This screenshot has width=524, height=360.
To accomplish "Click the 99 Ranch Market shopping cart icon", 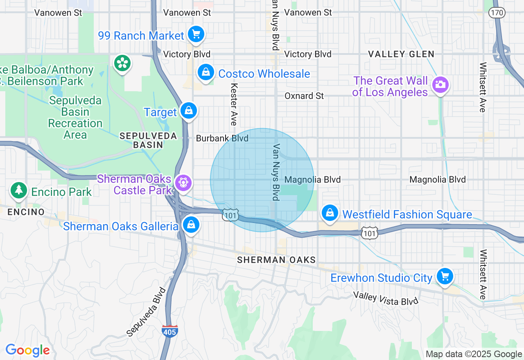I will coord(196,34).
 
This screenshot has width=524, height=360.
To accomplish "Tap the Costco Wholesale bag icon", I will coord(206,73).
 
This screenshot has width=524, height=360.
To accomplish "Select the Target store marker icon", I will coord(189,111).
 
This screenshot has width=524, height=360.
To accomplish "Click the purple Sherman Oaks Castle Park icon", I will coord(183,183).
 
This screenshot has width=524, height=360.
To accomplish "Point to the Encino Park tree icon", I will coord(19,190).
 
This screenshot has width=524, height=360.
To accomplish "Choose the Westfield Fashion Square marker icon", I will coord(330,213).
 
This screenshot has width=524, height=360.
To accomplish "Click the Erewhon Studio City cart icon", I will coord(445,277).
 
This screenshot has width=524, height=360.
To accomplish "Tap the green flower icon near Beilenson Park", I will coord(122,63).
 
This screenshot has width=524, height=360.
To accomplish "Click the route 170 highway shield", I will coord(497,13).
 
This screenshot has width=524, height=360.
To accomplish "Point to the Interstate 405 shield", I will coord(169,331).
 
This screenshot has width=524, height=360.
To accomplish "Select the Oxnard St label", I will coord(304,96).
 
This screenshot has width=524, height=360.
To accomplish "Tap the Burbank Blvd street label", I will coord(222,138).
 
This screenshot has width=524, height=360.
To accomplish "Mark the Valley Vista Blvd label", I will coord(386,298).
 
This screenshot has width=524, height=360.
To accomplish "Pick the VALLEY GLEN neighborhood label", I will coord(401,54).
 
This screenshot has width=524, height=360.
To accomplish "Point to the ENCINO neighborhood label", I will coord(26,212).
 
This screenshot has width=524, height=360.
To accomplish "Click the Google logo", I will coord(27,350).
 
